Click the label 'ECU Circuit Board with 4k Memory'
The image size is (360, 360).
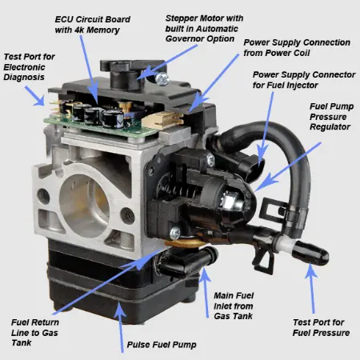point(92,25)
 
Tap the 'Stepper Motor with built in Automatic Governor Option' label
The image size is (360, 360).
point(204,29)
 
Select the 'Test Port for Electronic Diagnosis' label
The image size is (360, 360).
point(29,67)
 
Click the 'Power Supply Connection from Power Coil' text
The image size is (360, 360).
point(297,47)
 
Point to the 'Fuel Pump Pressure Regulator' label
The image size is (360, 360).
point(331,117)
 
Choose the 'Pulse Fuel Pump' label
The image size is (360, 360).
point(162,345)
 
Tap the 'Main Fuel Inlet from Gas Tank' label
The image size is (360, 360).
point(234,306)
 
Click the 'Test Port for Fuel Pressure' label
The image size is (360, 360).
point(321,327)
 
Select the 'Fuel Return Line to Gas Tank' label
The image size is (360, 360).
point(34,333)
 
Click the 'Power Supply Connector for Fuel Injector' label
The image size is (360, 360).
point(304,80)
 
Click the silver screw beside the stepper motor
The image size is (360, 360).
point(162,78)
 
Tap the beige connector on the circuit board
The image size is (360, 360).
point(163,120)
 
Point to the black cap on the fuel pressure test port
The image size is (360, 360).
point(310,253)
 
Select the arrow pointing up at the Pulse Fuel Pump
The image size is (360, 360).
point(120,327)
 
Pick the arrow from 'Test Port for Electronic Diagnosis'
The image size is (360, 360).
point(35,96)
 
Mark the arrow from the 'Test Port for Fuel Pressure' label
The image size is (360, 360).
point(311,289)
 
